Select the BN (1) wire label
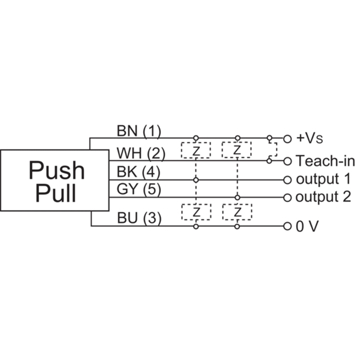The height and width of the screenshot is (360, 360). (x=139, y=131)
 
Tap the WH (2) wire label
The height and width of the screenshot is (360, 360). (x=141, y=153)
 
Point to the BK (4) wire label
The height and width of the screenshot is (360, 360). (x=139, y=172)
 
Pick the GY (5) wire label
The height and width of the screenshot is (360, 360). (x=139, y=189)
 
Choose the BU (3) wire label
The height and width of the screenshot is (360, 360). (x=139, y=218)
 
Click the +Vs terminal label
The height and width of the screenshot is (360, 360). (x=310, y=138)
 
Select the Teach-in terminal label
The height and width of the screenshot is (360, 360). (x=325, y=161)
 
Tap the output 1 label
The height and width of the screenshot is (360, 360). (x=324, y=179)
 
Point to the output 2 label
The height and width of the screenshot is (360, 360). (x=323, y=197)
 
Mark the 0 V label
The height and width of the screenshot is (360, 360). (x=307, y=226)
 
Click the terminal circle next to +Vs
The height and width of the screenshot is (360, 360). (x=288, y=139)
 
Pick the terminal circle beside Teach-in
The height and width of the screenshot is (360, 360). (x=288, y=162)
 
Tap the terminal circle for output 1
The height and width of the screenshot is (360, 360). (x=288, y=180)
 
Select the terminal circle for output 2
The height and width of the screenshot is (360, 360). (x=288, y=198)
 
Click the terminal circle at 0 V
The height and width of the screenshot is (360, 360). (x=288, y=226)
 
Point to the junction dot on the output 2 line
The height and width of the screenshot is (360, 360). (x=238, y=198)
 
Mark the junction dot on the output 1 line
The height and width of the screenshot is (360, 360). (x=196, y=180)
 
